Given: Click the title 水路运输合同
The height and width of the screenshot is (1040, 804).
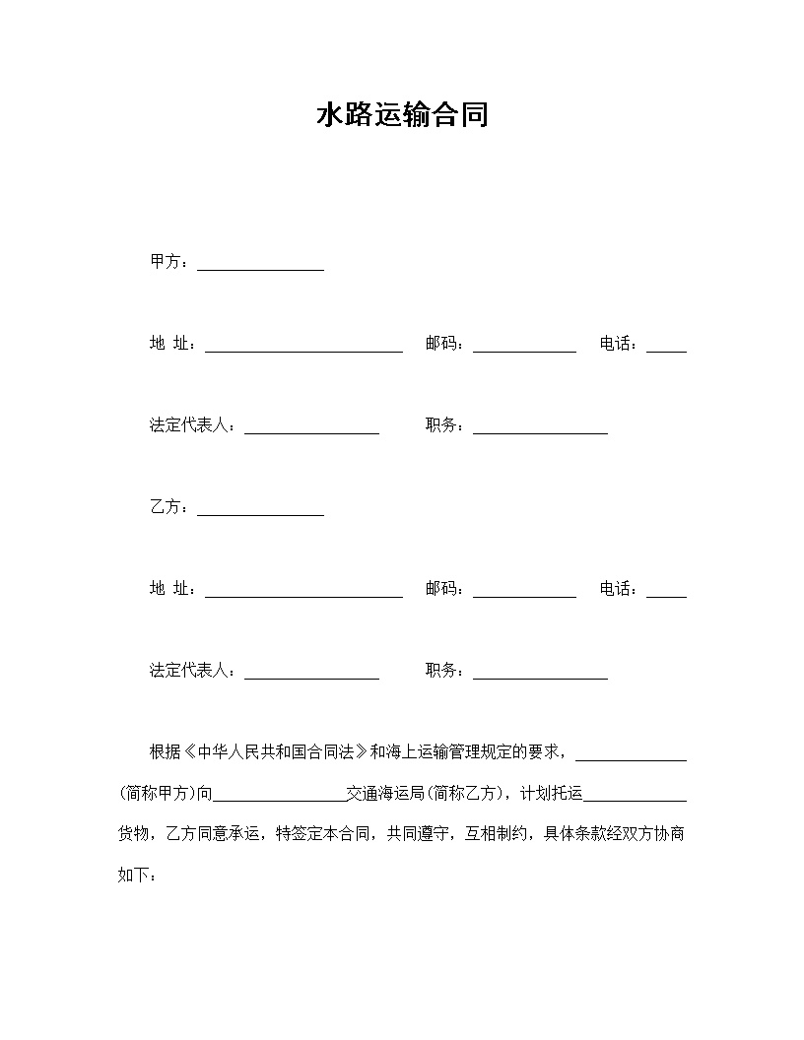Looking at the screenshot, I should pos(402,116).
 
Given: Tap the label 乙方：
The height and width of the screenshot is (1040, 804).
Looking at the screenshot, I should pos(168,507).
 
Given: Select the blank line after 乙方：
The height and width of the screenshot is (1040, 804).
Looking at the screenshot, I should pos(260,511).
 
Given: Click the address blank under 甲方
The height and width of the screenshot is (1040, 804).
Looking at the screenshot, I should pos(303,348).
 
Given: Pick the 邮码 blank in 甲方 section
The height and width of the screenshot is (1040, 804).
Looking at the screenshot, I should pos(524,348).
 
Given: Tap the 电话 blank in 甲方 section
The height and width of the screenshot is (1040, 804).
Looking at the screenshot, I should pos(666,348).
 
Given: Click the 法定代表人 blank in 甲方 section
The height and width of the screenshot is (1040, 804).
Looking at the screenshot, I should pos(311,429).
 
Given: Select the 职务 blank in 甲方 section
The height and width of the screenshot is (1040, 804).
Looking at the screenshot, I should pos(540,429).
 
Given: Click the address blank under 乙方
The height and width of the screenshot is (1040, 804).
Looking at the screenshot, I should pos(303,593).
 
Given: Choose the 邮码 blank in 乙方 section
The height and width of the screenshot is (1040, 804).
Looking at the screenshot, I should pos(524,593).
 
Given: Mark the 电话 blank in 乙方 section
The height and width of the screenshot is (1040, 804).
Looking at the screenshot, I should pos(666,593).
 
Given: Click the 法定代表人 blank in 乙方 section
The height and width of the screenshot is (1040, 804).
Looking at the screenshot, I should pos(311,675).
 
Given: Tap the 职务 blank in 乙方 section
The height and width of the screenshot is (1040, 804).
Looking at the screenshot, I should pos(540,675).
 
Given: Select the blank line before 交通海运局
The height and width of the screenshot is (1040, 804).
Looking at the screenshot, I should pos(279,797).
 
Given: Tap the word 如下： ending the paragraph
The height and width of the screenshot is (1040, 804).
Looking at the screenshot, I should pos(137,875).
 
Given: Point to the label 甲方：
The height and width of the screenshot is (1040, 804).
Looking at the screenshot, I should pos(168,262).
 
